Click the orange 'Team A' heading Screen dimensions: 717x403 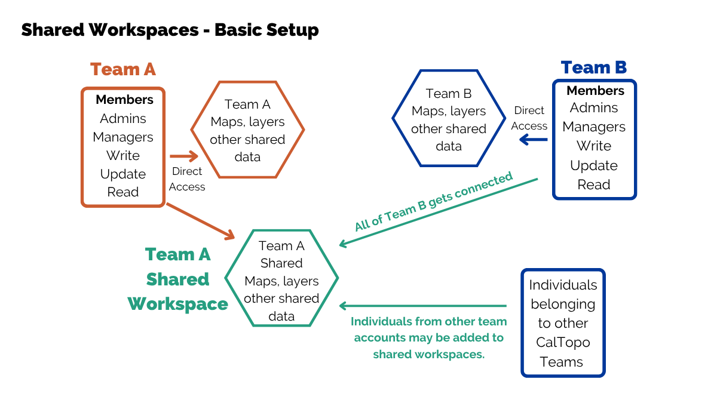pos(123,69)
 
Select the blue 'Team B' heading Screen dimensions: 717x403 pos(594,67)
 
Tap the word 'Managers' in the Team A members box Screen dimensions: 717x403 pos(123,137)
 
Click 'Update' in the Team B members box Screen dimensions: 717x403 pos(594,165)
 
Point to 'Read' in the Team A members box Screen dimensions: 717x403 pos(123,192)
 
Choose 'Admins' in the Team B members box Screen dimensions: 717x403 pos(594,108)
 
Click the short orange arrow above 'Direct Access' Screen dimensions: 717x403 pos(184,156)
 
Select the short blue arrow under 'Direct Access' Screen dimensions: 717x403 pos(533,140)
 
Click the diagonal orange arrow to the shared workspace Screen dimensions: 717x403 pos(201,222)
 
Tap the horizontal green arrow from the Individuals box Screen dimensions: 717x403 pos(423,306)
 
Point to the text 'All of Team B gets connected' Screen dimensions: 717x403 pos(434,202)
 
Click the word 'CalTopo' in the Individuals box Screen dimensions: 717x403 pos(563,343)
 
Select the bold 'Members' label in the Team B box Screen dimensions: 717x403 pos(595,91)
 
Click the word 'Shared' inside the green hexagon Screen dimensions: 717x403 pos(281,263)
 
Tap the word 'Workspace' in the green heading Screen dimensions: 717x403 pos(177,304)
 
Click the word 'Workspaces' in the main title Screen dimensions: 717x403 pos(144,30)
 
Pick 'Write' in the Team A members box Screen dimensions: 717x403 pos(123,156)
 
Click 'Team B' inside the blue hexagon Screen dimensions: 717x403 pos(449,94)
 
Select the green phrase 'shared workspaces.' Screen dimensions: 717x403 pos(429,355)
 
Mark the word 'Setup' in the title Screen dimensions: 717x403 pos(292,30)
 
